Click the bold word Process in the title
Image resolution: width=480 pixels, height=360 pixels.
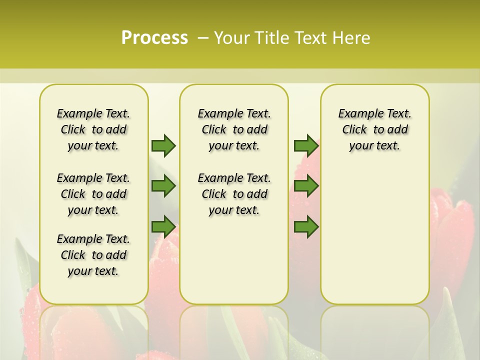154,37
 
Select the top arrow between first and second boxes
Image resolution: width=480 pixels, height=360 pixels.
163,145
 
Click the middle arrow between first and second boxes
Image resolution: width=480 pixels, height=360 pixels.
163,186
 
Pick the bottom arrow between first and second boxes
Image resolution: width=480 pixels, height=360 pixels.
163,227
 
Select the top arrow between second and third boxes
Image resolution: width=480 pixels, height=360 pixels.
306,145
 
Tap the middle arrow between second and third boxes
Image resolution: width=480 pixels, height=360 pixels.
306,186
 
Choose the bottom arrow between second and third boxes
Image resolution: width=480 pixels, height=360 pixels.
306,227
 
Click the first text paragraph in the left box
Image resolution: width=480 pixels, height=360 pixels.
93,129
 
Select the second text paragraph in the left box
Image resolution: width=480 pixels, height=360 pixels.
93,194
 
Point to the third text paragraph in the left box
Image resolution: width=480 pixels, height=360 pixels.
93,255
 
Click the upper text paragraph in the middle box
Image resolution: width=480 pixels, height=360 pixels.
234,129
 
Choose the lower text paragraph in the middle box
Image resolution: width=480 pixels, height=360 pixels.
234,194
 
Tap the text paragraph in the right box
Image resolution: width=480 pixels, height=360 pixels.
374,129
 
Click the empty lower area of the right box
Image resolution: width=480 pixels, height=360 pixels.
374,235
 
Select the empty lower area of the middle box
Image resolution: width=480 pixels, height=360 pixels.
234,260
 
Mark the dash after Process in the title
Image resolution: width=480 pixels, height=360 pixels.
203,38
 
